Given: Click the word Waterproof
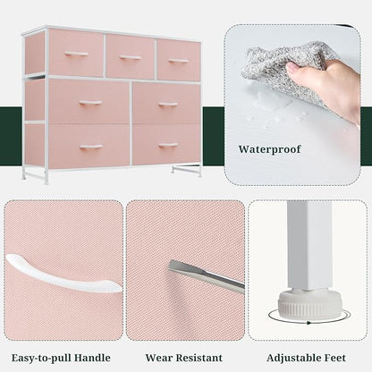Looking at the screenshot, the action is click(269, 149).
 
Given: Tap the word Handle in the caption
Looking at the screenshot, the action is click(92, 358).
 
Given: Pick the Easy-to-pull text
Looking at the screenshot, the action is click(41, 358).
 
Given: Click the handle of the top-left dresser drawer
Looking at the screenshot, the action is click(77, 54).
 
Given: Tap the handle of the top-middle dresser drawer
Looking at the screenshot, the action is click(130, 57).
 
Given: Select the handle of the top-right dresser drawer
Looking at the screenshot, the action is click(178, 61).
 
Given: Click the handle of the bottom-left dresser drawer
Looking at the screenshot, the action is click(91, 147).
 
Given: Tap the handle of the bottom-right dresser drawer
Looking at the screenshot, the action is click(168, 146).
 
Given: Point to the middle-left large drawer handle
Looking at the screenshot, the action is click(90, 103).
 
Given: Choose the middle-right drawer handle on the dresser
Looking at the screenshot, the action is click(168, 105).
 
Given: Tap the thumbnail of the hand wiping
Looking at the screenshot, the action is click(292, 105).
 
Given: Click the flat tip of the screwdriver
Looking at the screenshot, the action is click(174, 265).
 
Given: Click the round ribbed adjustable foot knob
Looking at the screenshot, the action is click(304, 305).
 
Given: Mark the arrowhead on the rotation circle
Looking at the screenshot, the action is click(309, 323).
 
